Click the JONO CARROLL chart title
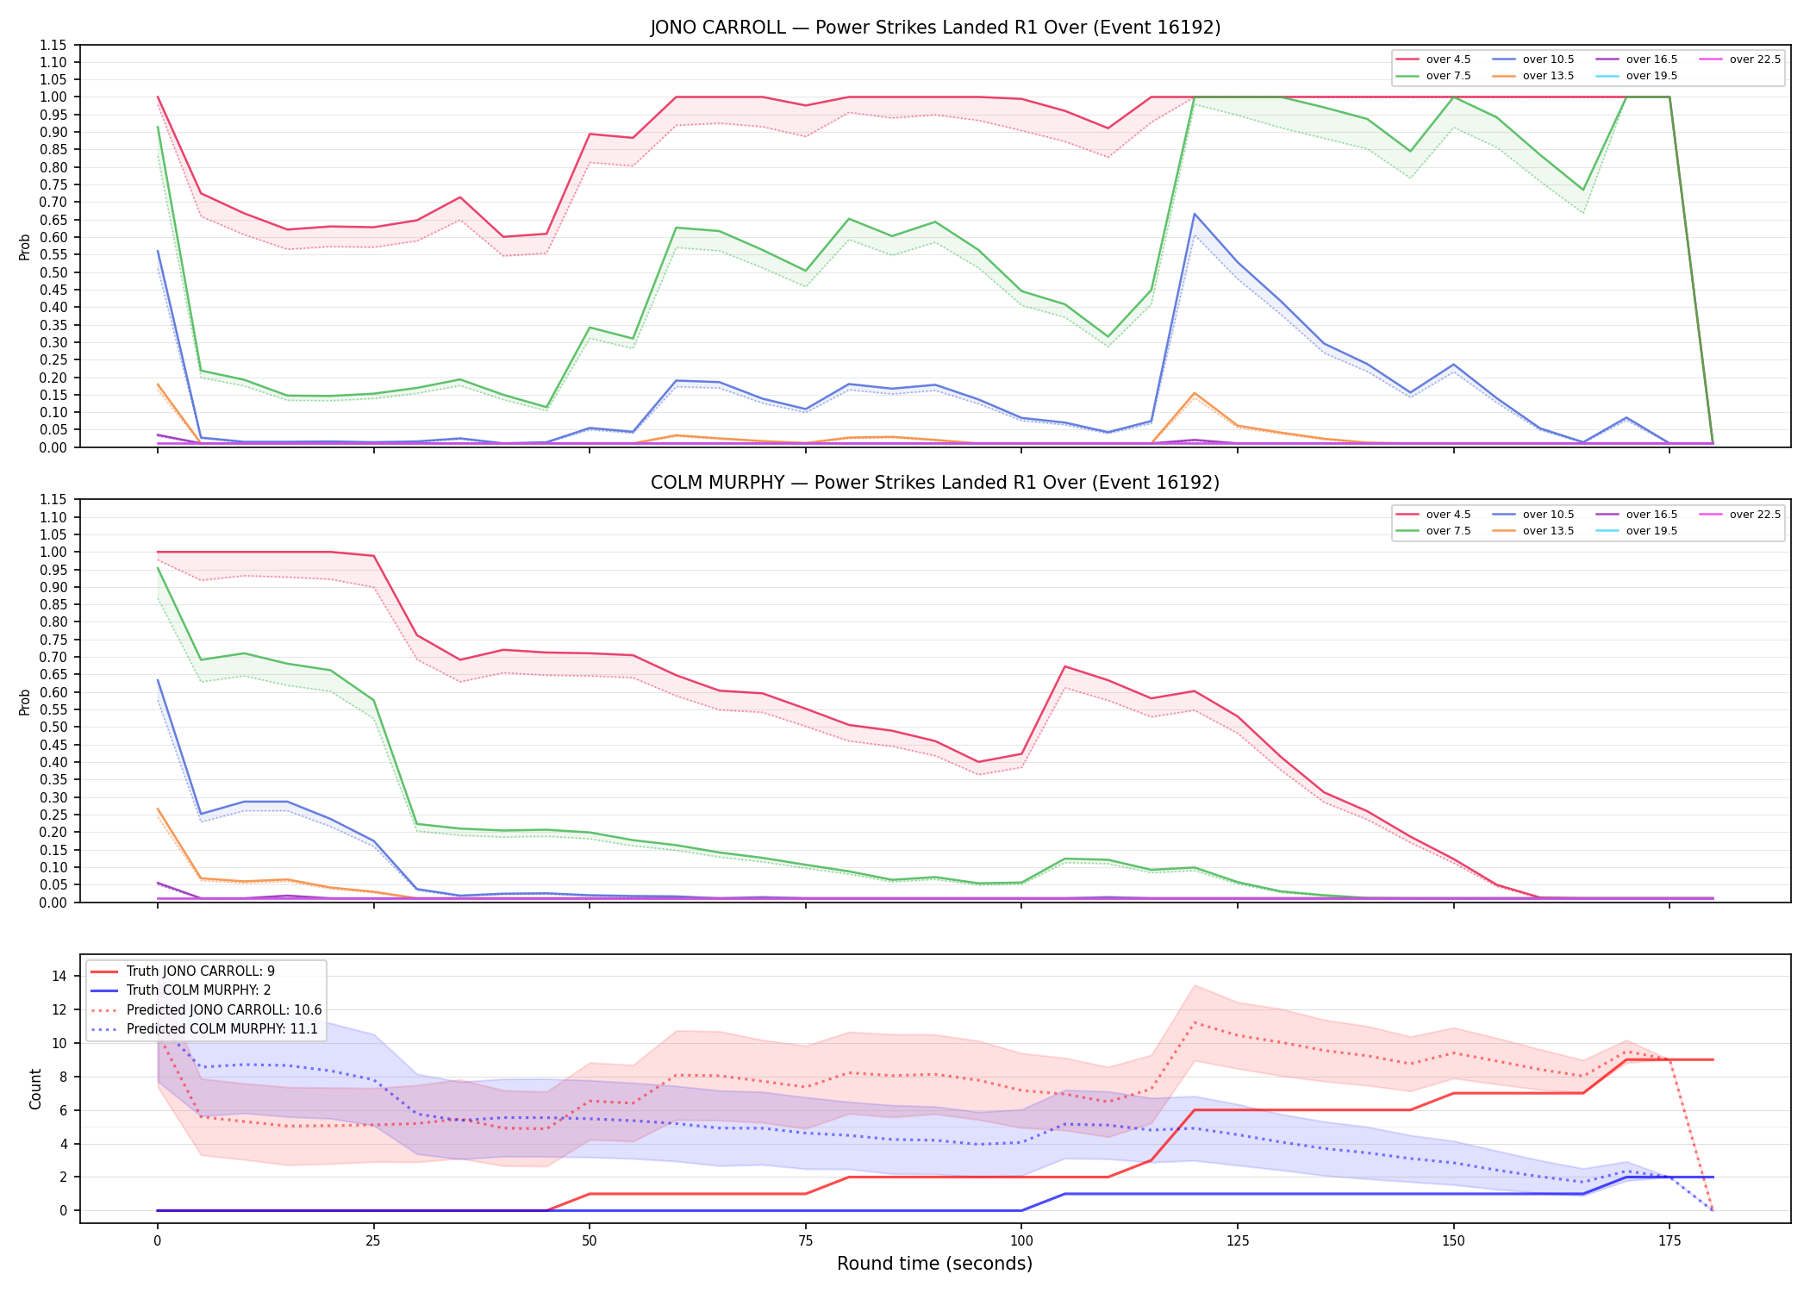(935, 28)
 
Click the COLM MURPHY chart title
(935, 483)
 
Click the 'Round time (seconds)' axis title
(935, 1264)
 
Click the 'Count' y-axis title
(35, 1089)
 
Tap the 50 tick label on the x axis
(590, 1241)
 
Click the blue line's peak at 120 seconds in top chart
(1194, 214)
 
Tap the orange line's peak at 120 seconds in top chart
(1194, 393)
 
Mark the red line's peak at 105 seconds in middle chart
(1064, 666)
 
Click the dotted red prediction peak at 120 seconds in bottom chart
(1194, 1022)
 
